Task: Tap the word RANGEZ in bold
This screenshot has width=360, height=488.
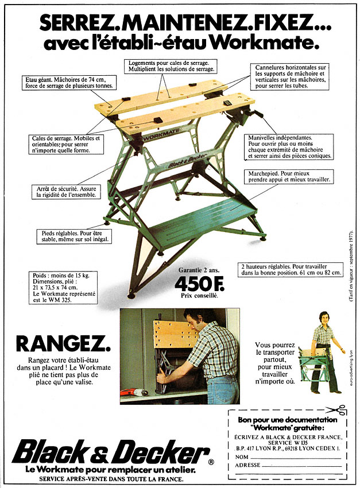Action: [x=63, y=344]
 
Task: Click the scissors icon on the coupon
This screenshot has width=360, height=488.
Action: [x=336, y=409]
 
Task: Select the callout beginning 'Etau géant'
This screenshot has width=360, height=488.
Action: [x=70, y=83]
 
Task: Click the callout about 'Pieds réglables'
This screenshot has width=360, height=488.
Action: [x=75, y=237]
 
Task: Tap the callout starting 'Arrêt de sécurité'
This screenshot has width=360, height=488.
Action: [x=66, y=191]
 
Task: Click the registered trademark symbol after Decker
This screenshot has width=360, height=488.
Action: [x=211, y=462]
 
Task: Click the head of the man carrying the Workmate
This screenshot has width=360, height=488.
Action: [x=324, y=317]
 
